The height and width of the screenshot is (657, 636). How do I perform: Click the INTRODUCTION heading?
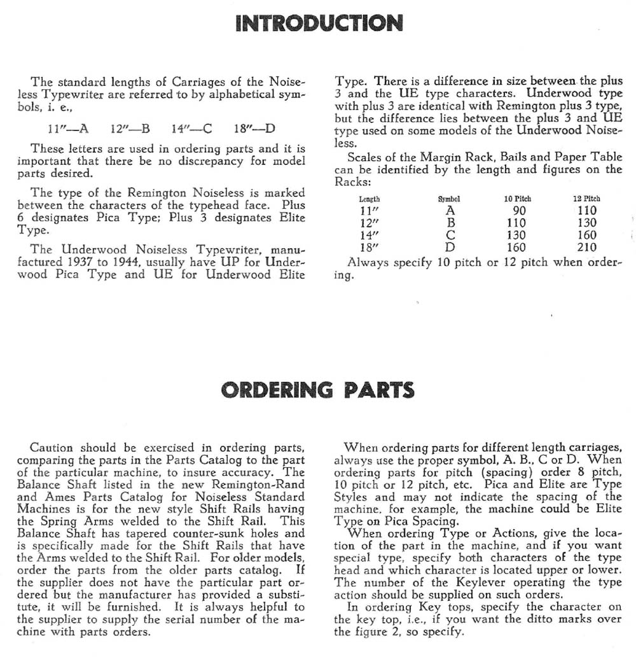[319, 24]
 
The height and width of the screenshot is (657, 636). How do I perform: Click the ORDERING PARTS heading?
[318, 390]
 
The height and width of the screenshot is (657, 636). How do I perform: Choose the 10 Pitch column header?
[517, 199]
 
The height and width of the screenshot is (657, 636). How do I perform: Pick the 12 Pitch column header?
[586, 199]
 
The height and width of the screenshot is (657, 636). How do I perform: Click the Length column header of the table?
[370, 199]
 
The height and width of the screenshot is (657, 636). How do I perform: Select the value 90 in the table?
[519, 210]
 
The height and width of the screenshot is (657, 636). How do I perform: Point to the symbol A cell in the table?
[449, 210]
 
